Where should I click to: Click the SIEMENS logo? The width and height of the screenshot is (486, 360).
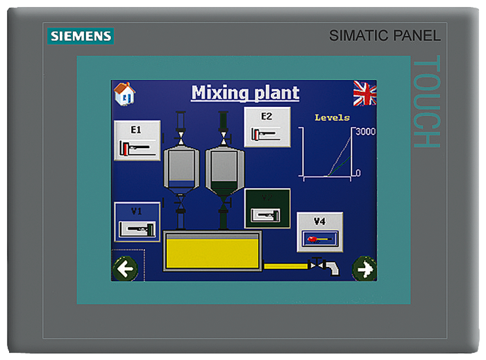point(81,36)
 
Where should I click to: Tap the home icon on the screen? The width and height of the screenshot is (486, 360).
point(124,92)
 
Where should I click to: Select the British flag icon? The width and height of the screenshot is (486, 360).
point(364,92)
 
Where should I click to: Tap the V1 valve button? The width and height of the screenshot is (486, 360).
point(137,222)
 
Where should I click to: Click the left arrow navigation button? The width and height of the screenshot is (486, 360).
point(125,268)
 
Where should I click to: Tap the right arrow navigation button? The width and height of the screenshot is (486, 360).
point(364,268)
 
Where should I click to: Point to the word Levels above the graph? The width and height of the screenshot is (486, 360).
point(332,117)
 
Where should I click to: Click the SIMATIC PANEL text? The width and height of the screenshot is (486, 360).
point(384,35)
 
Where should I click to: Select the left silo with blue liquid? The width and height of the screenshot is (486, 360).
point(181,167)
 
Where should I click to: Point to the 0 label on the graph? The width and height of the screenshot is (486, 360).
point(358,172)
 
